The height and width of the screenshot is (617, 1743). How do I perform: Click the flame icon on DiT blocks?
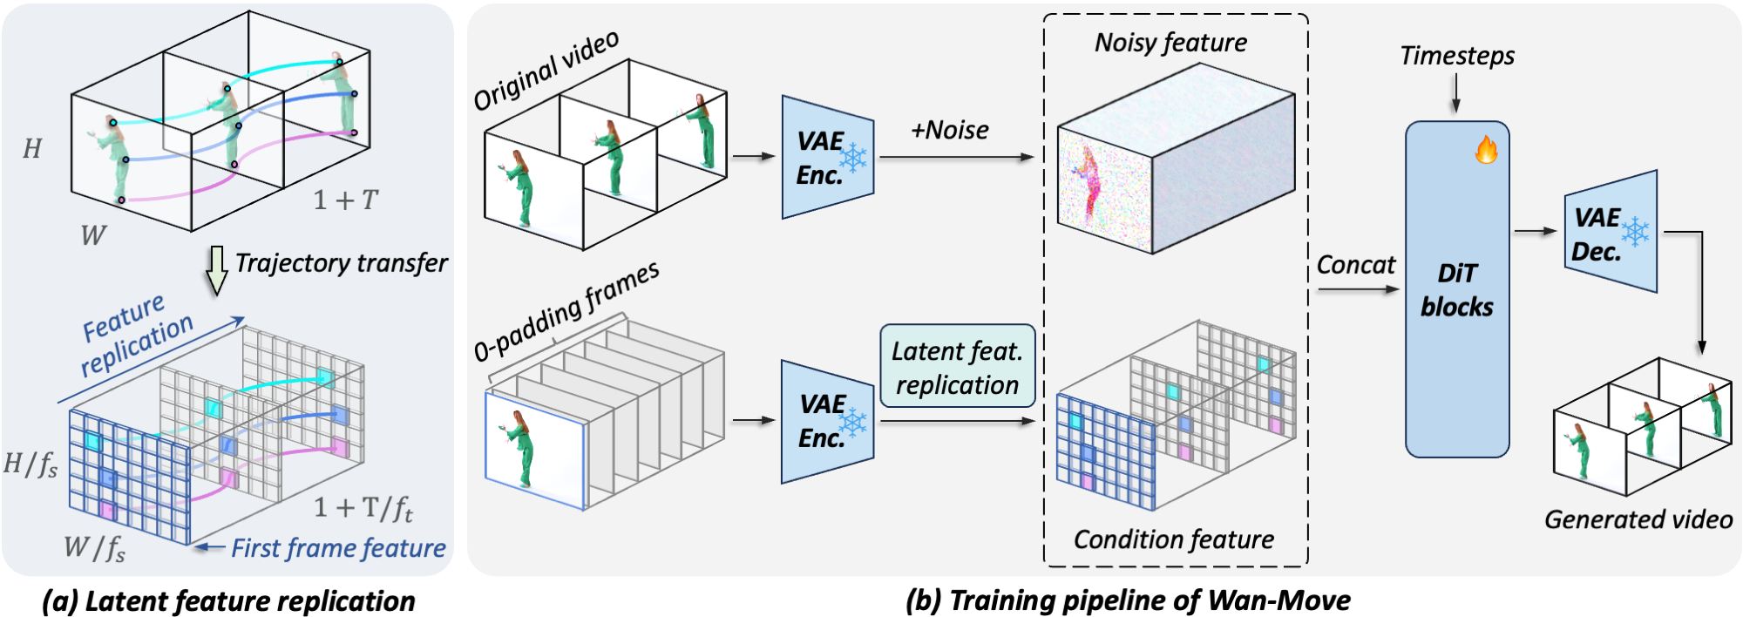coord(1486,149)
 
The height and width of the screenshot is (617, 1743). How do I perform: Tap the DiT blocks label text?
coord(1456,290)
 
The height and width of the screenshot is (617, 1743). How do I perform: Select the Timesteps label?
coord(1456,56)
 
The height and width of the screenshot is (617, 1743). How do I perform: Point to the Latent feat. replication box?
coord(957,367)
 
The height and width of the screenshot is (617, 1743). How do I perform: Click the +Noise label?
coord(949,131)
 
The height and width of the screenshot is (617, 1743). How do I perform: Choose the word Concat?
coord(1355,265)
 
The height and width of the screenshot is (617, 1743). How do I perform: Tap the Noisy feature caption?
coord(1170,43)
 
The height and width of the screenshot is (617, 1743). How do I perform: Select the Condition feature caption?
coord(1173,539)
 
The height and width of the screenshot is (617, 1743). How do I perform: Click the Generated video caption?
coord(1638,519)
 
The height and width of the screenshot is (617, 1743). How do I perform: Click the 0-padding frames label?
coord(566,311)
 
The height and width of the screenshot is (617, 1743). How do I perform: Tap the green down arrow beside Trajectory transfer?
coord(215,271)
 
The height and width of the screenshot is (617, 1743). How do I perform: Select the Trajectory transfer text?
coord(341,263)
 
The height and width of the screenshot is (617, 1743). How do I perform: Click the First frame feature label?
coord(338,548)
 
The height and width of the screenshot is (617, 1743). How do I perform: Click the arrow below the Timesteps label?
coord(1455,93)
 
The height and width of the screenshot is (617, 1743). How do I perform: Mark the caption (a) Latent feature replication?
coord(228,600)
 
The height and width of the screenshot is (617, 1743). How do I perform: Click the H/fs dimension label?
coord(31,464)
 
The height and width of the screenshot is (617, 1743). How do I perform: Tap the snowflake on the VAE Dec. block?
coord(1635,231)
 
